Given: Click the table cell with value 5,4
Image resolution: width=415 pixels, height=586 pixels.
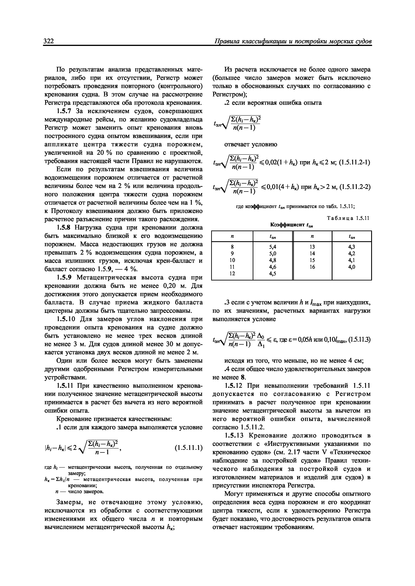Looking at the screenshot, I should click(x=273, y=247).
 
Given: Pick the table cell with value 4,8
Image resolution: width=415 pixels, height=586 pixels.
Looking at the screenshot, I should click(x=273, y=260).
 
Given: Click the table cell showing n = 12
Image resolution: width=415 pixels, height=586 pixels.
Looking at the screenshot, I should click(x=232, y=273).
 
